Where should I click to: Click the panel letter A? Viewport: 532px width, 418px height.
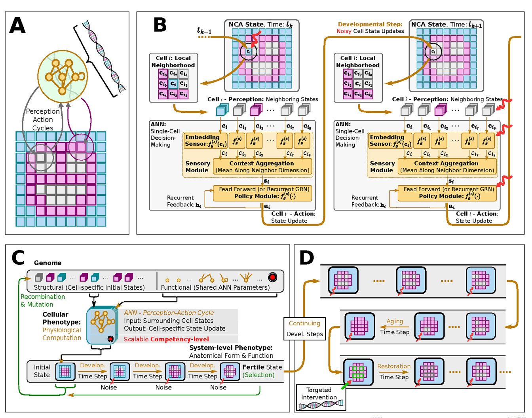click(17, 25)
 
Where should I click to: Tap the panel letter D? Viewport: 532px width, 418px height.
click(307, 258)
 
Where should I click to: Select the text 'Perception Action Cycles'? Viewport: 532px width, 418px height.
click(43, 120)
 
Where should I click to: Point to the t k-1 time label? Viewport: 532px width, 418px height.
click(204, 30)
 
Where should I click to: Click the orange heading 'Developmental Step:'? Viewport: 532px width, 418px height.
click(370, 24)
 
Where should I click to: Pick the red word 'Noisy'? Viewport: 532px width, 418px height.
click(344, 31)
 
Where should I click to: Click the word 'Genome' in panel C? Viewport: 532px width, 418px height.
click(47, 263)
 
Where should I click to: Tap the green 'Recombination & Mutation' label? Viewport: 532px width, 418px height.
click(42, 300)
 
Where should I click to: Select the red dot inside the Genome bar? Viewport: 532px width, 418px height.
click(272, 277)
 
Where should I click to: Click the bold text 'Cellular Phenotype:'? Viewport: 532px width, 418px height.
click(61, 318)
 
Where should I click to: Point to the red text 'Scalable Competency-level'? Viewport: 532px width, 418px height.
click(166, 339)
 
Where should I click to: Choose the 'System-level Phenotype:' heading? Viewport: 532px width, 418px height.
click(231, 348)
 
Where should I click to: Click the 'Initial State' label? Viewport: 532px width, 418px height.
click(42, 371)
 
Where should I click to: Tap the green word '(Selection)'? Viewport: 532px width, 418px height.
click(258, 375)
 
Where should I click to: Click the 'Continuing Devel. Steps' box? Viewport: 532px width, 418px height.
click(304, 329)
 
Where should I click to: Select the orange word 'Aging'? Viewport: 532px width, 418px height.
click(395, 321)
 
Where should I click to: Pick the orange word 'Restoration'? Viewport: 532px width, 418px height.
click(394, 366)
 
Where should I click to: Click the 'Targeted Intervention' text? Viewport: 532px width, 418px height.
click(319, 393)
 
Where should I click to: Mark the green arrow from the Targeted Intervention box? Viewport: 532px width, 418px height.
click(346, 384)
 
